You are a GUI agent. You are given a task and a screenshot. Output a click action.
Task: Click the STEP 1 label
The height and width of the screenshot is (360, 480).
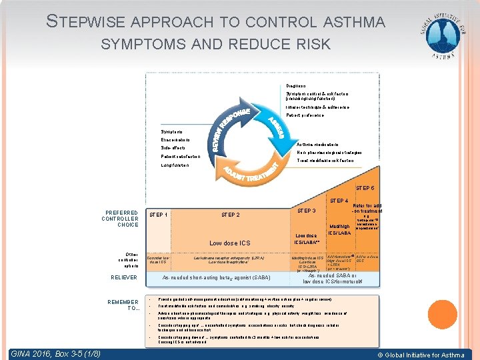click(x=158, y=215)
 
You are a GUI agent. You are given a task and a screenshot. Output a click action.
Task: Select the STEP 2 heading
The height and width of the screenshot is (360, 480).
click(x=231, y=215)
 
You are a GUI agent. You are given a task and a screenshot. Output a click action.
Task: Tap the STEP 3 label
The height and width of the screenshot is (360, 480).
click(x=306, y=211)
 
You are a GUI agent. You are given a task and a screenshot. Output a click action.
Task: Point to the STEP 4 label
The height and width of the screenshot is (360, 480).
click(x=339, y=201)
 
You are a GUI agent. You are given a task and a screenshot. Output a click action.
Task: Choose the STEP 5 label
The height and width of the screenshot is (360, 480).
click(x=365, y=189)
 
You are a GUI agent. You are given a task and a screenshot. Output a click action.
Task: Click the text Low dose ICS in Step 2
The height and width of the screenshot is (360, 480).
click(x=230, y=243)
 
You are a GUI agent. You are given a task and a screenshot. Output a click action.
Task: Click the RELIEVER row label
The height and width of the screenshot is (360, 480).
click(x=125, y=278)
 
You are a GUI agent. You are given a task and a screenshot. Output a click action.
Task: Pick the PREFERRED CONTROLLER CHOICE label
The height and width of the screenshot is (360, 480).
click(x=120, y=219)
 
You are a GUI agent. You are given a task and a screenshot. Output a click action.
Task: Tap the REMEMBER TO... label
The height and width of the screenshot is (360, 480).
click(x=123, y=305)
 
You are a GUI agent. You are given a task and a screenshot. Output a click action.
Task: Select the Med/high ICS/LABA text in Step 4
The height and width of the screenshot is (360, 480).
click(x=339, y=229)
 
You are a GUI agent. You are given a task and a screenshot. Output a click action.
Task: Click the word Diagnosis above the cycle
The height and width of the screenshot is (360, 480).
click(x=296, y=86)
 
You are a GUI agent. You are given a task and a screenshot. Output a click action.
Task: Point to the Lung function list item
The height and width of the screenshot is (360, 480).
click(x=176, y=165)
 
